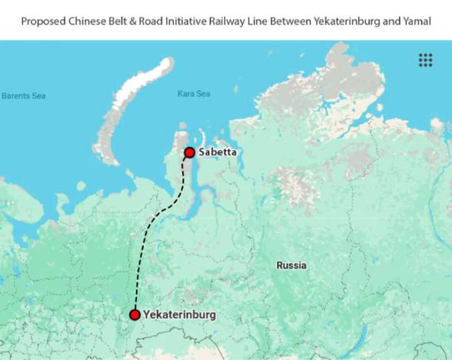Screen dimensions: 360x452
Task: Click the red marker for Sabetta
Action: pos(189,152)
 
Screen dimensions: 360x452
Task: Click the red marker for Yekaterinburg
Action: pos(135,314)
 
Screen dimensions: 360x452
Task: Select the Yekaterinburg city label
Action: pos(179,314)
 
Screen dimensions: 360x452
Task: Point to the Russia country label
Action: pos(292,265)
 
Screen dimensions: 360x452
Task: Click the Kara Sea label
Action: pos(193,94)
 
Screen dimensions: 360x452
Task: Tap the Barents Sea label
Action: pos(23,96)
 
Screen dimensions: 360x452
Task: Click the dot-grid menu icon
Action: pos(426,60)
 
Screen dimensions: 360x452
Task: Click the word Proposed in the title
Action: pos(41,21)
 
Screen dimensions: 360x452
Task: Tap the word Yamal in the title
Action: pos(417,21)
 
